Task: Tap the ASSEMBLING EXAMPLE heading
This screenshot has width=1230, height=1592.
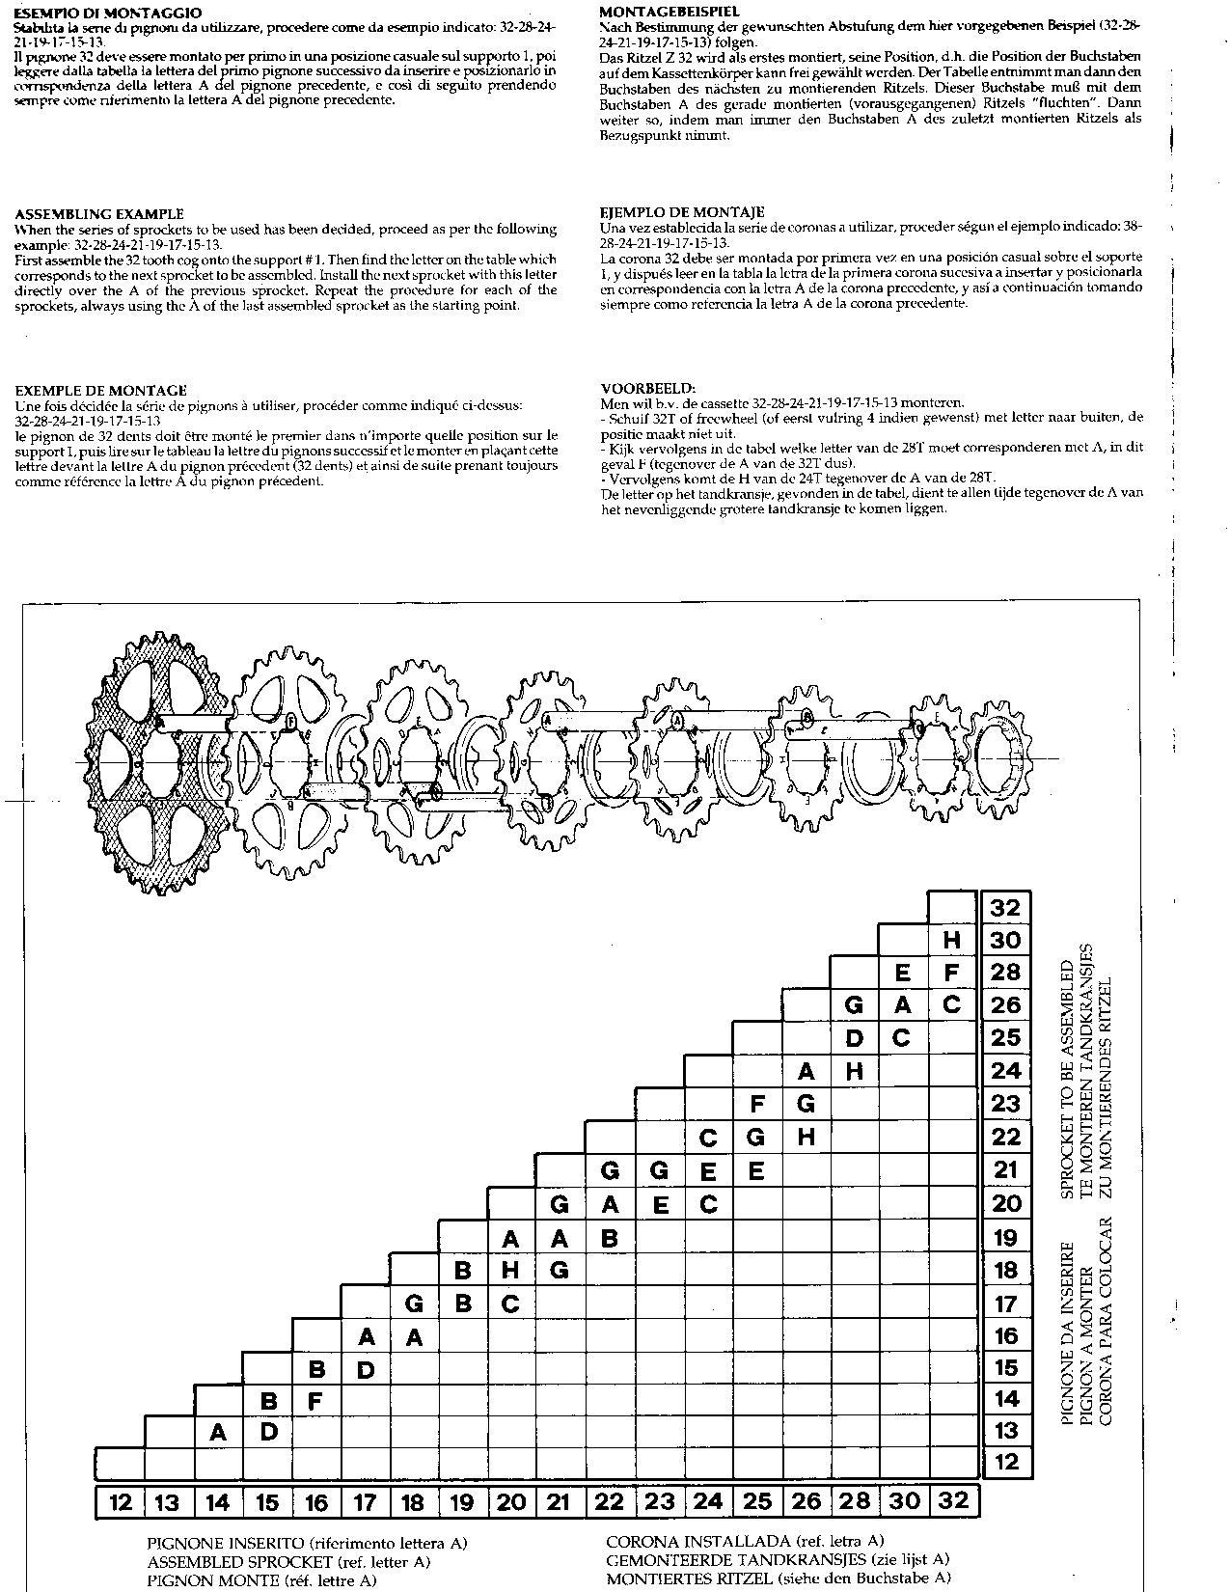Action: click(99, 214)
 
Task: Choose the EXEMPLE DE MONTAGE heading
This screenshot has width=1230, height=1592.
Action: click(100, 390)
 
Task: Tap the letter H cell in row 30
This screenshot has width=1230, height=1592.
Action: click(951, 940)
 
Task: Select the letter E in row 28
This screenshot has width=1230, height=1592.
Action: click(903, 973)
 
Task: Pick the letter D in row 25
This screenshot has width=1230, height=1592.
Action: click(854, 1038)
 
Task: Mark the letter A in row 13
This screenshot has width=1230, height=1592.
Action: click(218, 1432)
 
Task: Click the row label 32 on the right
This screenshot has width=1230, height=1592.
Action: click(1005, 907)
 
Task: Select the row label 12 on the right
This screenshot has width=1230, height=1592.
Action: click(1005, 1462)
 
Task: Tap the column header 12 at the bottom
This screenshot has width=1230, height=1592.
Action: click(121, 1502)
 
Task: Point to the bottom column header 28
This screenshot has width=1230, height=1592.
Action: click(855, 1501)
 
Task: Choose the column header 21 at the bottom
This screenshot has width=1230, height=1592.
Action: click(560, 1502)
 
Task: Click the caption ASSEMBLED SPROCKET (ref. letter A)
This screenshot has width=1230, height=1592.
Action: click(288, 1561)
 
